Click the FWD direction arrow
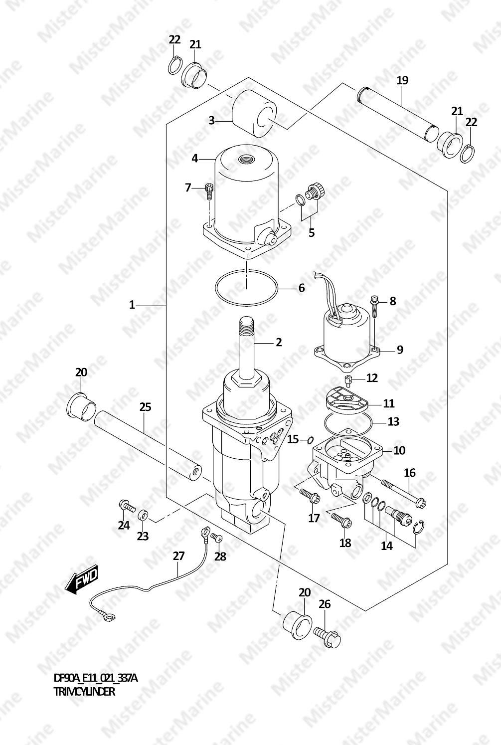tap(81, 579)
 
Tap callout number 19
tap(402, 80)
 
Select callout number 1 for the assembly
tap(132, 305)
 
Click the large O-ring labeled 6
tap(246, 288)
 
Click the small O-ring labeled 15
tap(310, 441)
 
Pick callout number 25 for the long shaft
tap(145, 407)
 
